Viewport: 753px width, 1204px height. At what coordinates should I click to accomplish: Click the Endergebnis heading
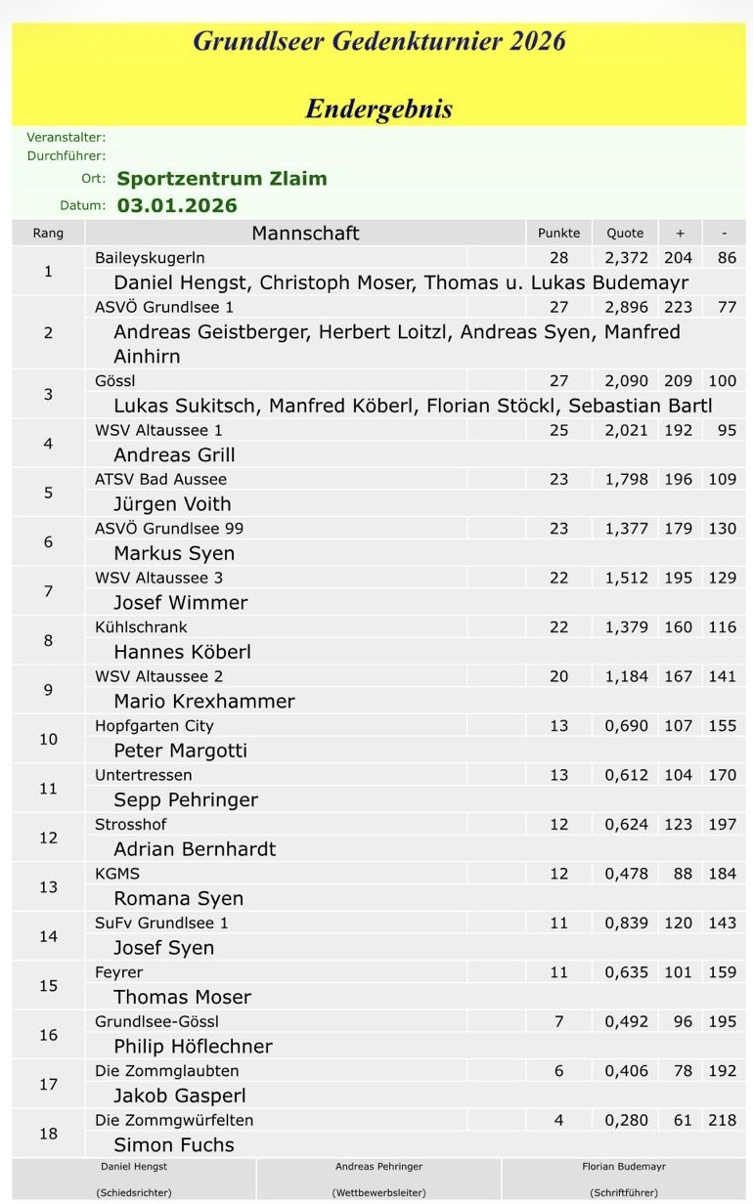(x=378, y=108)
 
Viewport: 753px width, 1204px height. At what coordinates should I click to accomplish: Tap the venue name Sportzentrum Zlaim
(x=222, y=179)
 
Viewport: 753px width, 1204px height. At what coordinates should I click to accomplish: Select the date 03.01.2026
(x=177, y=205)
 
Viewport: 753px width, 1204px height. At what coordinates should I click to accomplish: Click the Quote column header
(x=625, y=234)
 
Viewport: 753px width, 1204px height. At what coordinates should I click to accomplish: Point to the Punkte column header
(x=558, y=234)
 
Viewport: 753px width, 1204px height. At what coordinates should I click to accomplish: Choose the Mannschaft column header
(x=305, y=234)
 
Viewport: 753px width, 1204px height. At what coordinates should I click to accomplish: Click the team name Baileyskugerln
(x=150, y=258)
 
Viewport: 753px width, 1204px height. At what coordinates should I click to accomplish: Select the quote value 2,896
(x=626, y=307)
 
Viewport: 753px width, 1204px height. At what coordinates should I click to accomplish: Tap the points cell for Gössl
(x=558, y=381)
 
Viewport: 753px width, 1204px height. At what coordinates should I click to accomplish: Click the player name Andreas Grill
(x=174, y=455)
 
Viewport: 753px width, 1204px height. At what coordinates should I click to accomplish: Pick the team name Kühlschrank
(x=141, y=627)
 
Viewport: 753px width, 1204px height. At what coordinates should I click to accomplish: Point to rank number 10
(x=48, y=739)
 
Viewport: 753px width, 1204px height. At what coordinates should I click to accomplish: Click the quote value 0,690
(x=626, y=726)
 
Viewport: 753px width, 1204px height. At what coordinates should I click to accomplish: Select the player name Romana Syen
(x=179, y=899)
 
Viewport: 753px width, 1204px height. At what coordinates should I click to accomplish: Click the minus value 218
(x=722, y=1120)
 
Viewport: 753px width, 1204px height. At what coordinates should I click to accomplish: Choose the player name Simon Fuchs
(x=174, y=1145)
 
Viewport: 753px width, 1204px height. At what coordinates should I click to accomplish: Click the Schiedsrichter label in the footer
(x=134, y=1192)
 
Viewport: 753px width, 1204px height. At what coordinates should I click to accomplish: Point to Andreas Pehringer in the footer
(x=378, y=1167)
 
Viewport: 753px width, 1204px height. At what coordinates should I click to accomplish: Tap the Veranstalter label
(x=66, y=138)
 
